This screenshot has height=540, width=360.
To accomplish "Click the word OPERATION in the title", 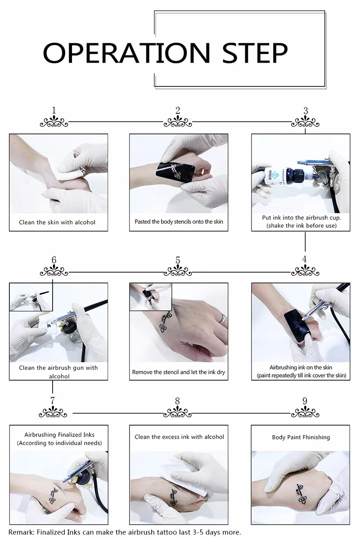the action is [x=126, y=53].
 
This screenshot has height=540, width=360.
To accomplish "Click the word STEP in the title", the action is [x=255, y=53].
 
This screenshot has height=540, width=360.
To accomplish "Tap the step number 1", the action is [x=54, y=110].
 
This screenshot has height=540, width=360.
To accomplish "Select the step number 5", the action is [x=178, y=261].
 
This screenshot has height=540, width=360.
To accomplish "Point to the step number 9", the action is [x=305, y=401].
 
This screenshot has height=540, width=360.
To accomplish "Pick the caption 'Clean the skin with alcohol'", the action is [x=57, y=222].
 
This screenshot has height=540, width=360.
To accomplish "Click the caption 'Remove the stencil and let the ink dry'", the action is [x=179, y=372].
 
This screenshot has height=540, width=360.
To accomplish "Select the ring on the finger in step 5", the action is [x=223, y=319].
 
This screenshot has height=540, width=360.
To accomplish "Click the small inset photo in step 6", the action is [x=31, y=297].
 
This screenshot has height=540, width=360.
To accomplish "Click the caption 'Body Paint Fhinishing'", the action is [x=301, y=437].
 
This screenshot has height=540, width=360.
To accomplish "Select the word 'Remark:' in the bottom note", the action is [x=22, y=532].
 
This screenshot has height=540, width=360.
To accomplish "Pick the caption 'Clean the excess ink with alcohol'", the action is [x=179, y=437].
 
